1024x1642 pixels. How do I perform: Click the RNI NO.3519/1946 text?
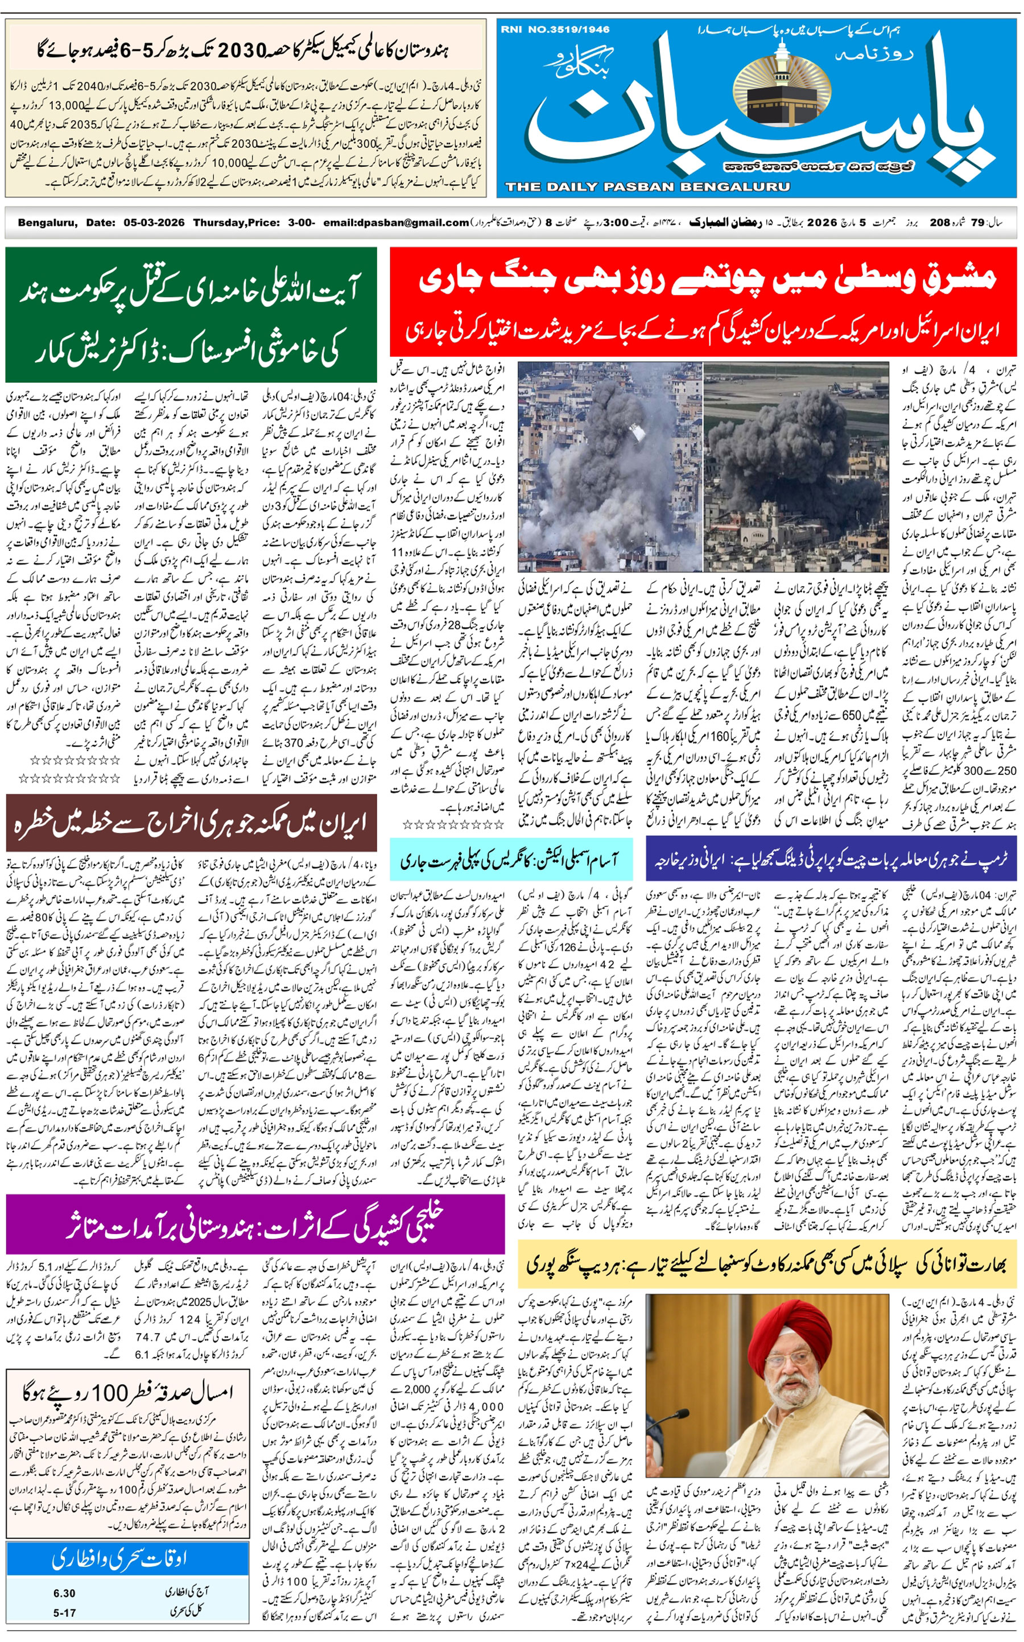555,29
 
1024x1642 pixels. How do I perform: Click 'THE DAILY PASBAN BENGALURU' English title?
647,187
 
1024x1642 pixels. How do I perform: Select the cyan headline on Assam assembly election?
511,860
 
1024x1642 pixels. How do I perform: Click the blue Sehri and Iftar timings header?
127,1560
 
